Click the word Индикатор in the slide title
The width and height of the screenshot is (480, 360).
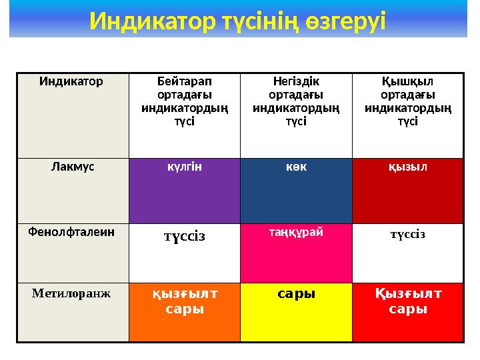(x=152, y=21)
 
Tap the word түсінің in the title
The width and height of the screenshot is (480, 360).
(x=262, y=21)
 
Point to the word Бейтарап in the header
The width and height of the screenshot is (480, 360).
(x=184, y=83)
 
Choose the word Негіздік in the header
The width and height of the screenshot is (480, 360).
(x=295, y=83)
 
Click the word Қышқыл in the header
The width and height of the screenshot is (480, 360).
(x=407, y=83)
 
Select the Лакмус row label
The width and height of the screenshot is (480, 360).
(x=73, y=167)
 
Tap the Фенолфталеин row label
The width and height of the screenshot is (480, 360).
(x=72, y=232)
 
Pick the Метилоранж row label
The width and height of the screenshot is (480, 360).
(x=72, y=292)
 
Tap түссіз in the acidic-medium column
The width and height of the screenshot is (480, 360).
(x=407, y=234)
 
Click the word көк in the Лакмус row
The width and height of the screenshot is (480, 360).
(x=295, y=167)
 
